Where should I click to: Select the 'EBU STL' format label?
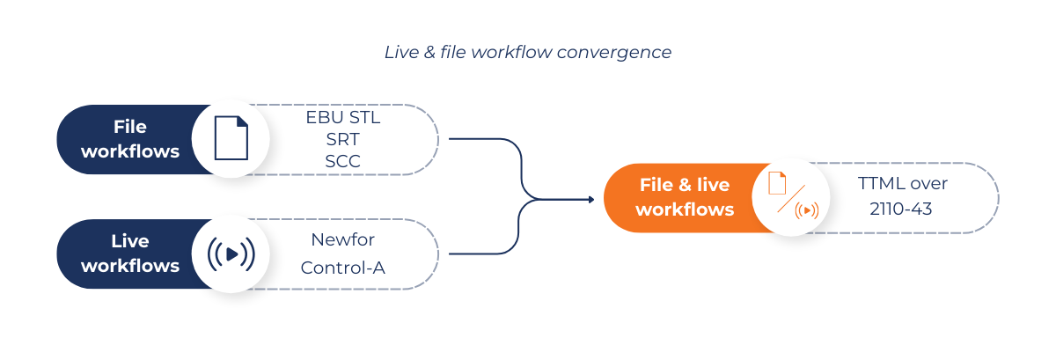343,117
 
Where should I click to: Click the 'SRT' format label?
343,139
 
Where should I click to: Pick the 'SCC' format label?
343,162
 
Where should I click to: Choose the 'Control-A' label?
343,268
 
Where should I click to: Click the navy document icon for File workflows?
231,138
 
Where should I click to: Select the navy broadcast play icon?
231,254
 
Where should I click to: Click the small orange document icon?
777,183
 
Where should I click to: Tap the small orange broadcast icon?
806,210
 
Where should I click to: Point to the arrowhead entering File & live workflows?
590,199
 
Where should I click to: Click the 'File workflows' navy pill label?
130,139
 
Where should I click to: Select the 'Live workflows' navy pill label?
130,253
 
